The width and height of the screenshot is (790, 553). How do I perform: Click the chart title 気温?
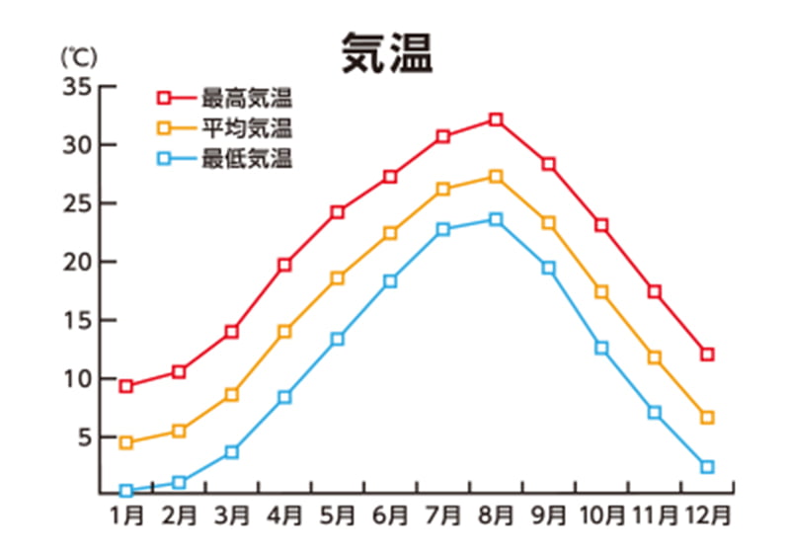coord(387,53)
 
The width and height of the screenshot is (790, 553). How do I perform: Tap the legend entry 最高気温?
coord(247,98)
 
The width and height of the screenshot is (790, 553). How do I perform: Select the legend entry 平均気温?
coord(247,127)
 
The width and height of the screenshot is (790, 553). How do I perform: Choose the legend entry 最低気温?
coord(247,158)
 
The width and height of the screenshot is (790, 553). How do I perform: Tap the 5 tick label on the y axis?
coord(83,436)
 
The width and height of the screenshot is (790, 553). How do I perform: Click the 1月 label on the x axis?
coord(126,515)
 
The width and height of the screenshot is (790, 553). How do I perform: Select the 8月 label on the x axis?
coord(497,515)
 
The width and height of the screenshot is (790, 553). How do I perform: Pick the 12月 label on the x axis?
coord(707,515)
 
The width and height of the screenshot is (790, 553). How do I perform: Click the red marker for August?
coord(496,119)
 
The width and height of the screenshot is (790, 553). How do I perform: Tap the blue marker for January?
coord(126,490)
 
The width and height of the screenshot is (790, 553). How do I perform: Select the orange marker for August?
coord(496,177)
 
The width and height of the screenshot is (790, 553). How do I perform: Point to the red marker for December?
coord(707,354)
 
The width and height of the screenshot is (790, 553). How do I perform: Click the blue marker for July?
coord(442,229)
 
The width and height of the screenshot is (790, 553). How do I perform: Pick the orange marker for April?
coord(284,332)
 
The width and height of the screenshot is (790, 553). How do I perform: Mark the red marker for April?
coord(284,265)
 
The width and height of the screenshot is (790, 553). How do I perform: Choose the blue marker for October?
coord(601,348)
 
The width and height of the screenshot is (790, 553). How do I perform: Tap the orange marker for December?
coord(707,418)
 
